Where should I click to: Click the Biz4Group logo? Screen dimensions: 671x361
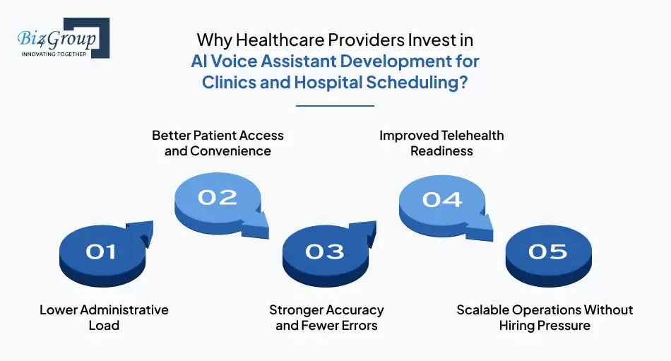pos(63,38)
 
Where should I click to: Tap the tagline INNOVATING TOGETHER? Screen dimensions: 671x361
pos(54,54)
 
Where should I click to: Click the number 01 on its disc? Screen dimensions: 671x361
pos(100,251)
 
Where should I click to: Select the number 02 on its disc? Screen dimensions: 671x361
pos(218,197)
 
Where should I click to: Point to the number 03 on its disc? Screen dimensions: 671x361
pos(325,251)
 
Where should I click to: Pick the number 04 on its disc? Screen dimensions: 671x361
pos(442,199)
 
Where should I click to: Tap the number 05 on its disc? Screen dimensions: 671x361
pos(548,251)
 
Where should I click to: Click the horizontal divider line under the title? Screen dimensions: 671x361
pos(335,105)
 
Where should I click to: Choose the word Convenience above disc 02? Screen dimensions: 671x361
pos(231,151)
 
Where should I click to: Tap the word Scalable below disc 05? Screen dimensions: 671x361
pos(482,310)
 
